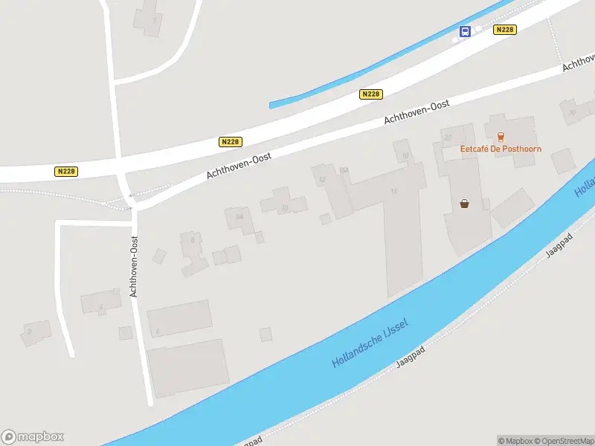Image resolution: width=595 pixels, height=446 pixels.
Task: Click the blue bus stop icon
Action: point(466,31)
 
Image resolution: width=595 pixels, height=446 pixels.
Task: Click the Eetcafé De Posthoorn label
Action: point(501,149)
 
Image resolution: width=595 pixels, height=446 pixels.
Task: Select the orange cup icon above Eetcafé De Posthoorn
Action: point(501,136)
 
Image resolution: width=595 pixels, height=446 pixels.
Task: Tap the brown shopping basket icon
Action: point(465,203)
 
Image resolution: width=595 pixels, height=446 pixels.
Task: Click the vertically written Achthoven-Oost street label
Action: point(135,267)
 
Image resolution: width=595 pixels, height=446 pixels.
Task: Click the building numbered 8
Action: point(193,242)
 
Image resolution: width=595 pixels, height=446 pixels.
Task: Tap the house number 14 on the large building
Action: point(393,191)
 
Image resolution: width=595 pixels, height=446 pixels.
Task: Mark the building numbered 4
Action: point(101,304)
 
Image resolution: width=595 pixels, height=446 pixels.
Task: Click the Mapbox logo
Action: point(33,437)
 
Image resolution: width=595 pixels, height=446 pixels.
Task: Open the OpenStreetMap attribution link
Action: point(562,441)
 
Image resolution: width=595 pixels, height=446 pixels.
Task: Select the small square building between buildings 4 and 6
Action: point(126,333)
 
